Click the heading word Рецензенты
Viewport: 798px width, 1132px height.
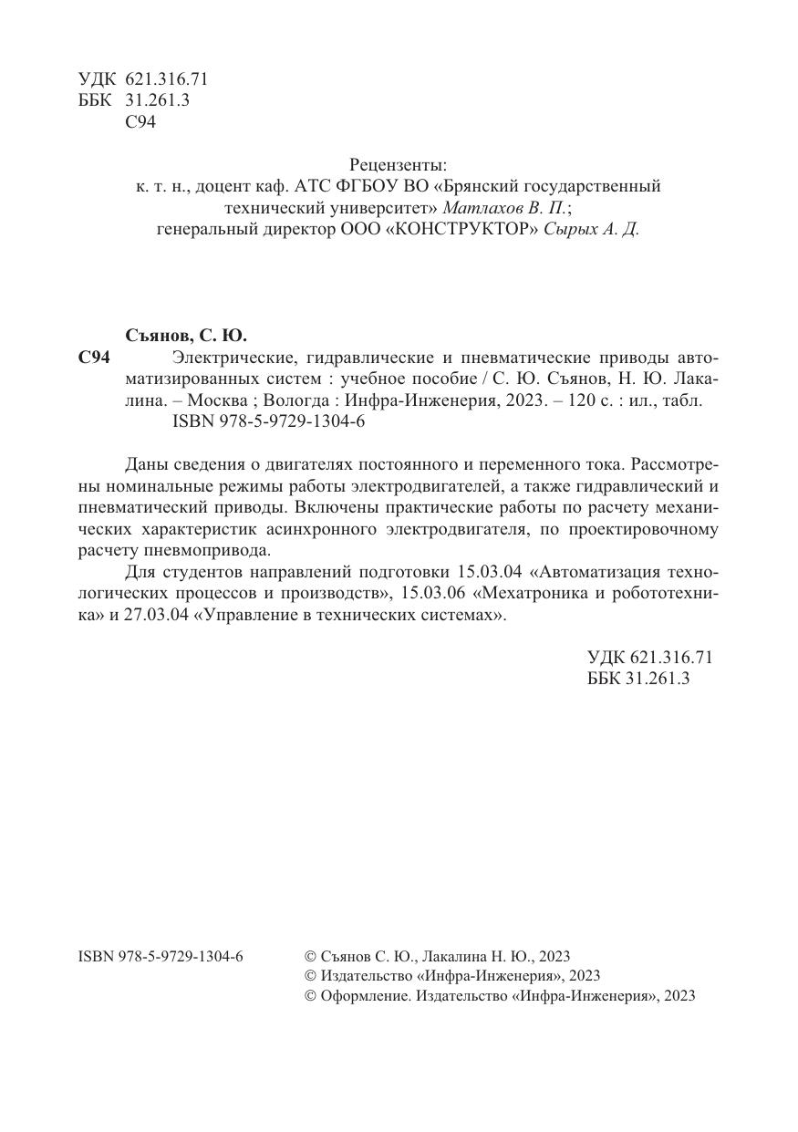pyautogui.click(x=399, y=165)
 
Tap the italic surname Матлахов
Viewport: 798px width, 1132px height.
pyautogui.click(x=481, y=208)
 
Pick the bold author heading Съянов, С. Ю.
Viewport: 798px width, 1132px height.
pyautogui.click(x=185, y=334)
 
